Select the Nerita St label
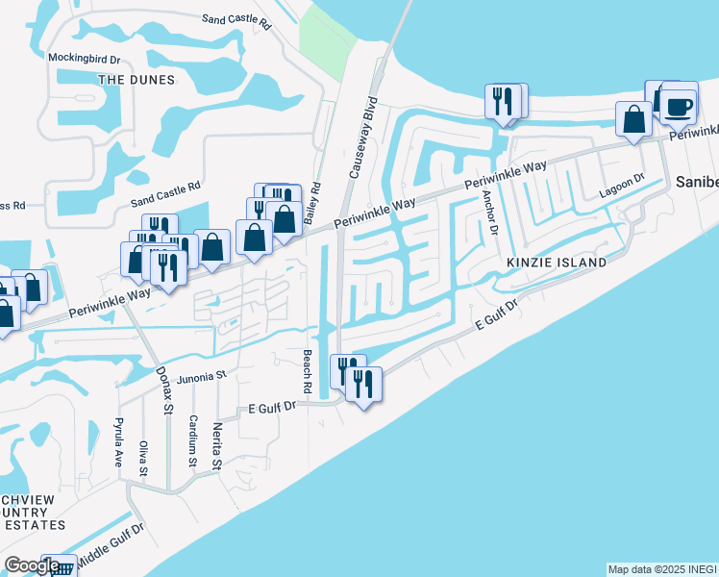point(217,446)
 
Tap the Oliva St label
point(143,457)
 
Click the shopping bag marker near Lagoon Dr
point(633,120)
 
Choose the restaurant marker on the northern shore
point(503,101)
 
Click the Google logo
point(33,565)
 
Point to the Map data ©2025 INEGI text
point(660,569)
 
